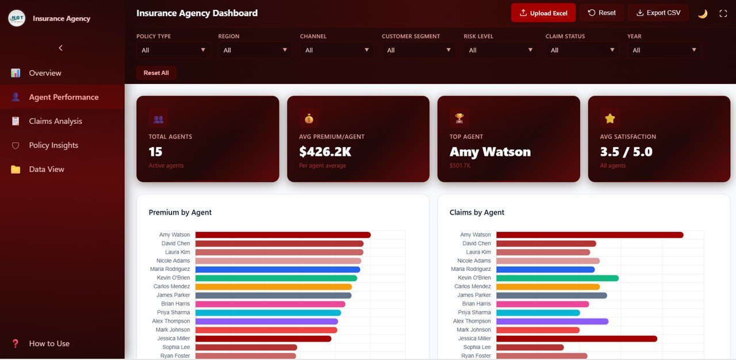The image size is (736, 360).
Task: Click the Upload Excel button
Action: (x=543, y=13)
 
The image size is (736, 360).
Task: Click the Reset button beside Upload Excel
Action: (x=601, y=13)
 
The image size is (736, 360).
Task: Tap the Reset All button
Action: (x=156, y=73)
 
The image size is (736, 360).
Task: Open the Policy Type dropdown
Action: (x=173, y=50)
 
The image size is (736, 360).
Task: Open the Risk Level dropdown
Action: (x=500, y=50)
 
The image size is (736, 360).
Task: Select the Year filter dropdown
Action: (x=664, y=50)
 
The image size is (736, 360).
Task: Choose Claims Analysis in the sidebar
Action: (x=55, y=121)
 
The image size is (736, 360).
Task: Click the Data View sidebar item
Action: (x=47, y=170)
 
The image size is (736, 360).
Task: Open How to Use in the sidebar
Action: (x=49, y=343)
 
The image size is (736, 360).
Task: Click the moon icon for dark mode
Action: (x=702, y=13)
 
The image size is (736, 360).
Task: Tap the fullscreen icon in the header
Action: (x=723, y=13)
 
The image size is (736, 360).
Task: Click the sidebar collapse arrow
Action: (x=61, y=48)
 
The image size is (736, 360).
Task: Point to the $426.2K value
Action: (x=325, y=152)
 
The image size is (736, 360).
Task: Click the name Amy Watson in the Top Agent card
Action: (x=490, y=152)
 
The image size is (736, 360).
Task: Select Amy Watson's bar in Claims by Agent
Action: (x=589, y=235)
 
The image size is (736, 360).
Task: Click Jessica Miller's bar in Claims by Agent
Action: (x=576, y=339)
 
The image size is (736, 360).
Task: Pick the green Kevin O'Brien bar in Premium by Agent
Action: (x=276, y=278)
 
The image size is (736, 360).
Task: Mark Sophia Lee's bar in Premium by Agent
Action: (x=246, y=347)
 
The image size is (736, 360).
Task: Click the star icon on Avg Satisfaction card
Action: (x=610, y=118)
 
